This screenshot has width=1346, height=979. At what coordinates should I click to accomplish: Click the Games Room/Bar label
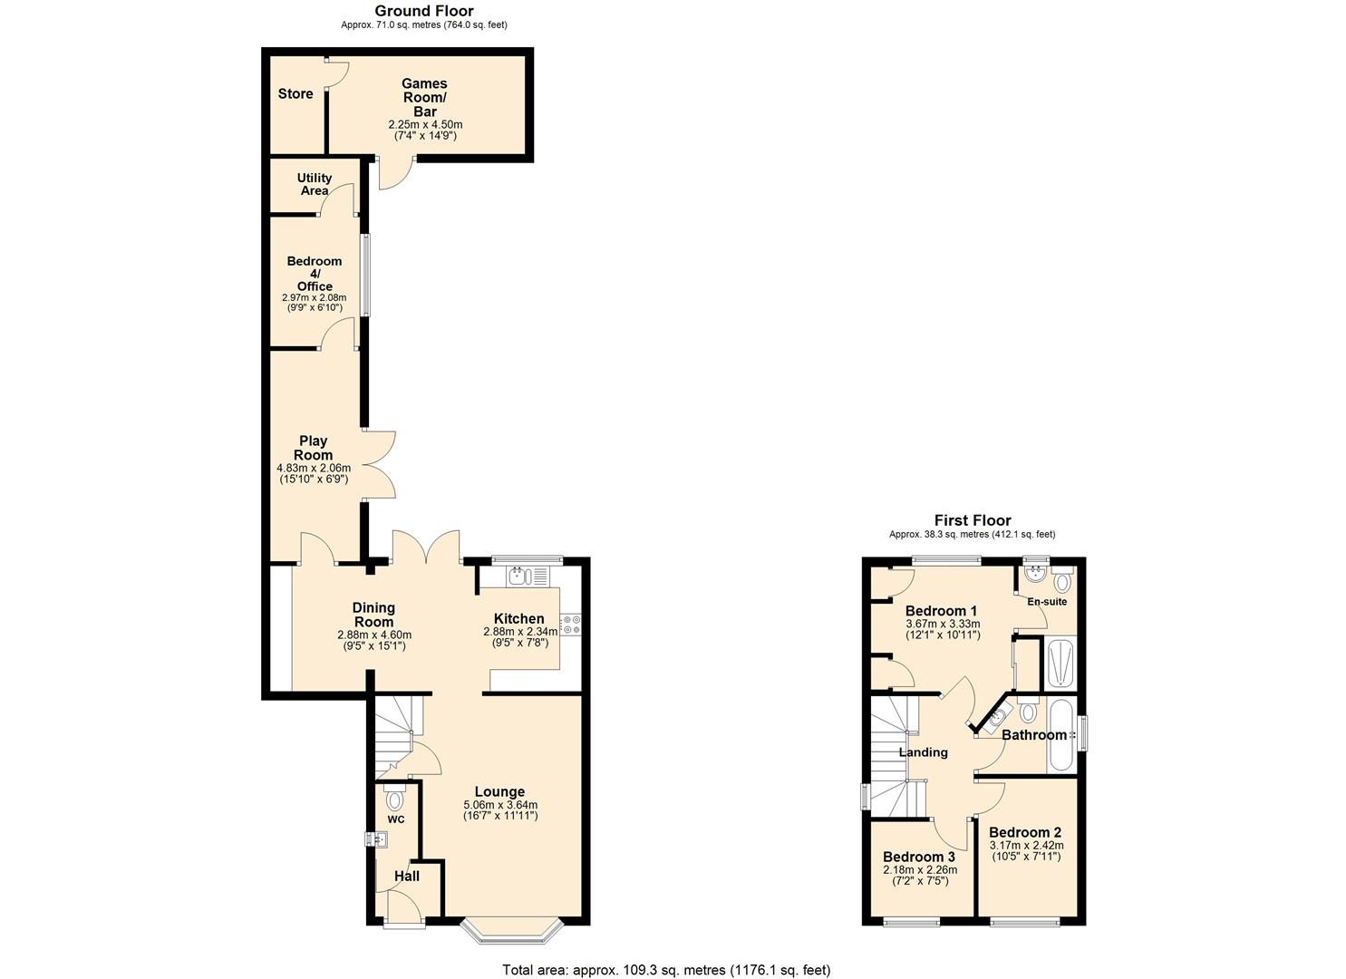[x=424, y=97]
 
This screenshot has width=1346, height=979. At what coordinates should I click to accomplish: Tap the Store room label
[x=295, y=94]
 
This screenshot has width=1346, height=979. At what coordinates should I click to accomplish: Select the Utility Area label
[x=315, y=184]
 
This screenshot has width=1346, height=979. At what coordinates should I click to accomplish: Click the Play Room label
[x=313, y=448]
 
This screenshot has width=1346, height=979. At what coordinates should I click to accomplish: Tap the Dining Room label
[x=373, y=615]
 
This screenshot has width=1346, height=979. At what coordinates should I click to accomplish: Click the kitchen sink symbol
[x=518, y=575]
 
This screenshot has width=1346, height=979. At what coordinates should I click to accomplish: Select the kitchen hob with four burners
[x=571, y=625]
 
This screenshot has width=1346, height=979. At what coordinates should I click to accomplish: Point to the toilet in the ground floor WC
[x=394, y=800]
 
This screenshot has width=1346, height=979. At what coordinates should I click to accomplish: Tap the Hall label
[x=407, y=877]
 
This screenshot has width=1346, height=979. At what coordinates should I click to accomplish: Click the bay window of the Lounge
[x=513, y=930]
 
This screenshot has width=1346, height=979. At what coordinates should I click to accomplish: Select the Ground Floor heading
[x=423, y=11]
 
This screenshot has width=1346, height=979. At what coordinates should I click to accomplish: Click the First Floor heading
[x=973, y=520]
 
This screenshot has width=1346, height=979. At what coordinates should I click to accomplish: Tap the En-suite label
[x=1047, y=602]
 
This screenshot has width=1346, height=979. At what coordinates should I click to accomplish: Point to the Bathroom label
[x=1034, y=735]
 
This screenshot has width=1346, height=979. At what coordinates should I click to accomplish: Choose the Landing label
[x=923, y=752]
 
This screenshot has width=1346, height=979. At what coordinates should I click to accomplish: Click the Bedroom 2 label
[x=1025, y=832]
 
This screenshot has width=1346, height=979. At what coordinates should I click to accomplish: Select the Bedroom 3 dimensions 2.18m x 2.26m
[x=919, y=875]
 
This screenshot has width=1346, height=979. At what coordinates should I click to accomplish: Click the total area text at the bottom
[x=666, y=970]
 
